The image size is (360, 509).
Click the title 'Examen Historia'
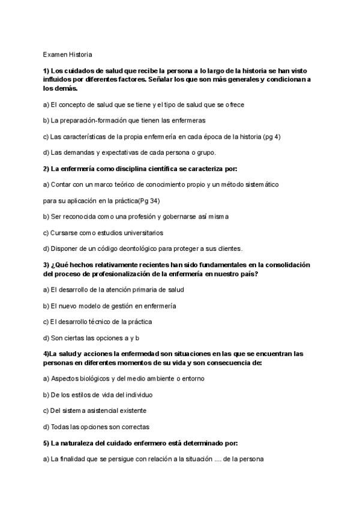(67, 55)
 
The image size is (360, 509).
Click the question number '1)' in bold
(46, 71)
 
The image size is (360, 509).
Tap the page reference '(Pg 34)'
(148, 200)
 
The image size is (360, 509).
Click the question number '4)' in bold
(46, 354)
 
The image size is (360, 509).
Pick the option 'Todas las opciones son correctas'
(97, 427)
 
